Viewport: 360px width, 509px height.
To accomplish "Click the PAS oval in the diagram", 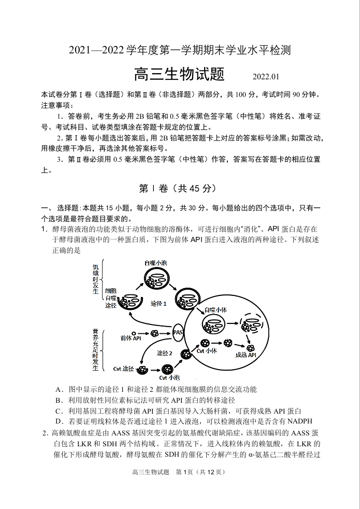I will pos(178,332).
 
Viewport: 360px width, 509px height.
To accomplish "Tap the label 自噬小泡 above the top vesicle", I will pos(156,264).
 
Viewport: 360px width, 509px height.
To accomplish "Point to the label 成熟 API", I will pos(246,355).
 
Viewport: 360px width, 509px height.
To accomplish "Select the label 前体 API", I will pos(131,338).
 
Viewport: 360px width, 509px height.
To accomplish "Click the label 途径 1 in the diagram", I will pos(159,303).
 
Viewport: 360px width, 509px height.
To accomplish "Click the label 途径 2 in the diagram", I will pos(165,354).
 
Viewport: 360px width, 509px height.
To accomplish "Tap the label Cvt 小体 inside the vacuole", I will pos(207,351).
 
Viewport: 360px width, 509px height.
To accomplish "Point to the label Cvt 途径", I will pos(124,369).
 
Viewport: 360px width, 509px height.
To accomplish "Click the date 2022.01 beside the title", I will pos(266,77).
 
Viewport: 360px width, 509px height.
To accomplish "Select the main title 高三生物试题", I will pos(179,75).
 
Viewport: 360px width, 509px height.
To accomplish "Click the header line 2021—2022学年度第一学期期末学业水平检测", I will pos(180,51).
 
